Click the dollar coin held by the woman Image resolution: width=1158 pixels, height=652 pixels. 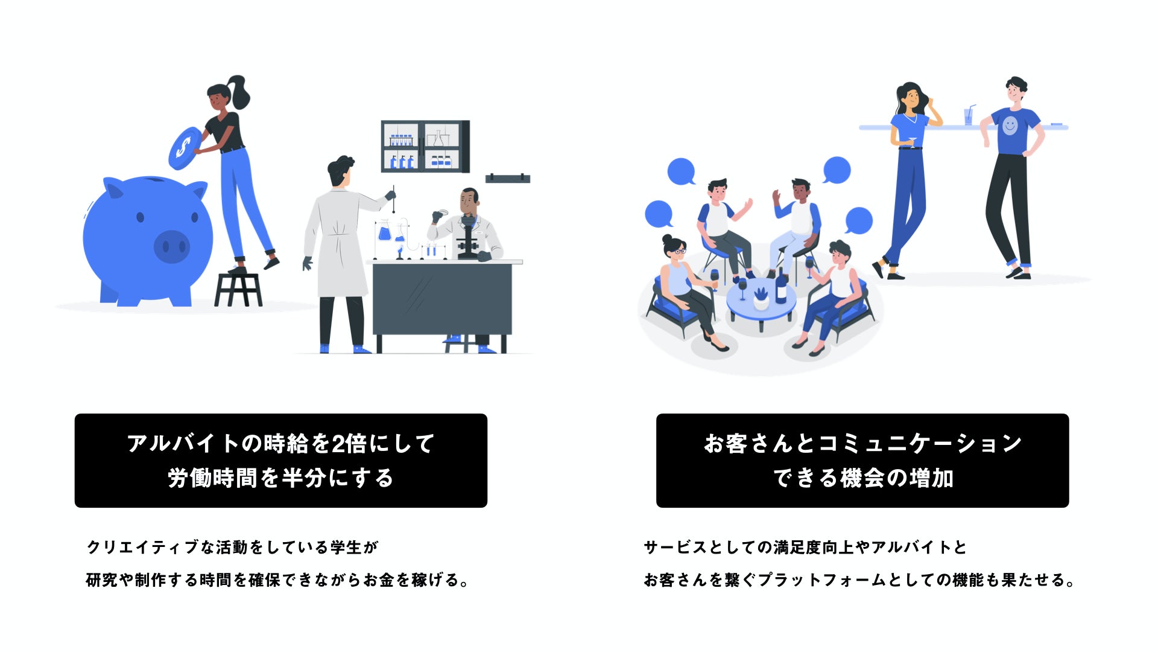(185, 148)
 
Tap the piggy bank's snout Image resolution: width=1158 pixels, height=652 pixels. (171, 246)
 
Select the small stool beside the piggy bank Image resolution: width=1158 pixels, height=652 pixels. (238, 288)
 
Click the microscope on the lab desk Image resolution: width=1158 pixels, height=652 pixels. (468, 238)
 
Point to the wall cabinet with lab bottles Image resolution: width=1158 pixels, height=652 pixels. (425, 146)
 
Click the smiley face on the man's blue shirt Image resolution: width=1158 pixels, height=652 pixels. (1010, 126)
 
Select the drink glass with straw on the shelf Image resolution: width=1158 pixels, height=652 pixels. (968, 115)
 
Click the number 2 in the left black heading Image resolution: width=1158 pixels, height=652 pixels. (338, 444)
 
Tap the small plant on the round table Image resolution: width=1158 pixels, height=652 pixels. (761, 294)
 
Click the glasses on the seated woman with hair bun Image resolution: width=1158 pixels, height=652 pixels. (679, 251)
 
